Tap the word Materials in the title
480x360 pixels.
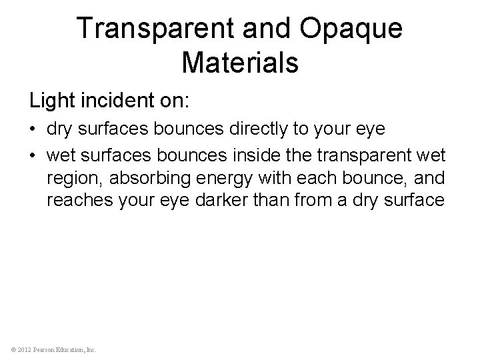[x=239, y=63]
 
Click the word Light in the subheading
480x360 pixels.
[x=51, y=101]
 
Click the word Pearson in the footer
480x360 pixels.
[x=45, y=349]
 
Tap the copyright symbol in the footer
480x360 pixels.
[x=12, y=349]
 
